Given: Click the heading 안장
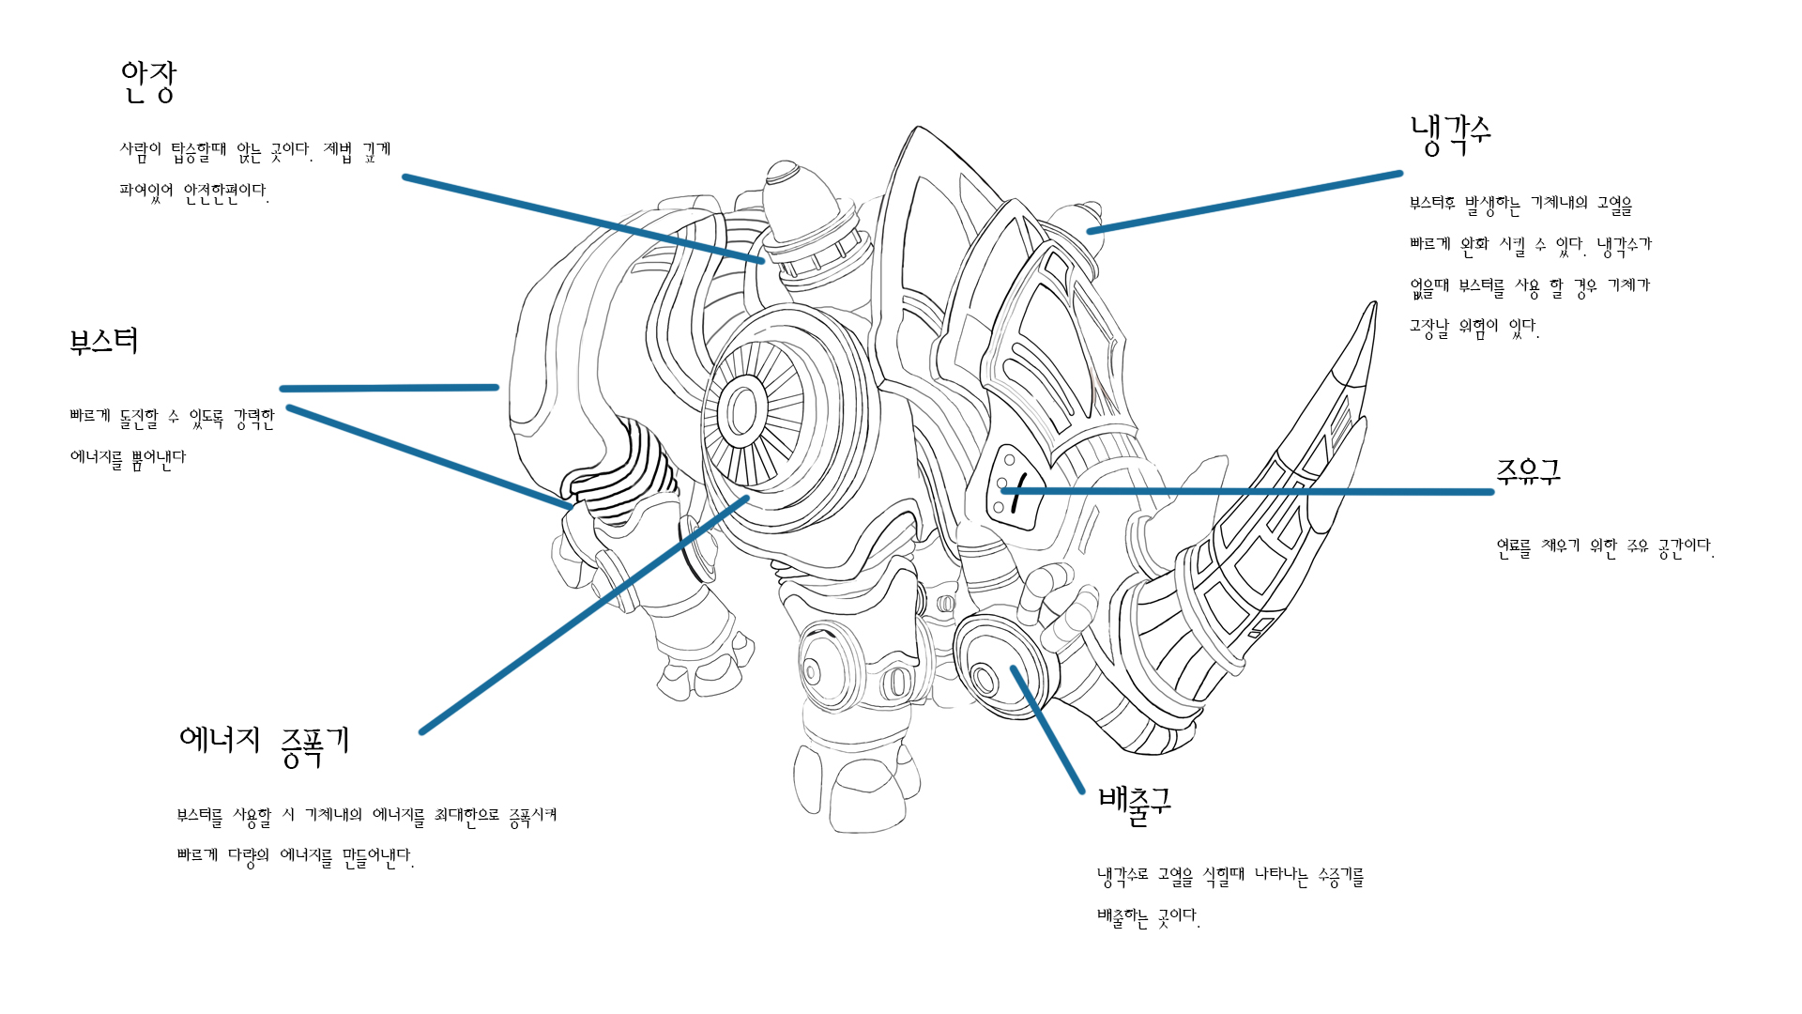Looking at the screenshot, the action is (148, 82).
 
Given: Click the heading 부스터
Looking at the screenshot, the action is (104, 340).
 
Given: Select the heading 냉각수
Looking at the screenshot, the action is (1450, 134).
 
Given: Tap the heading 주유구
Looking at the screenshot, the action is (1528, 470).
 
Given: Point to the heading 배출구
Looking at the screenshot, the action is (1135, 806).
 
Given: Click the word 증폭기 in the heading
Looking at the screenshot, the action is (315, 746).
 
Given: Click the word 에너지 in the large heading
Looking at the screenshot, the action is (220, 740).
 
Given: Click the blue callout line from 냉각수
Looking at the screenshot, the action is (1245, 202).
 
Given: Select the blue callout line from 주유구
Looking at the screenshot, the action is (1247, 491).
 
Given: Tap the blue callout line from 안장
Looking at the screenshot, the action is (584, 219).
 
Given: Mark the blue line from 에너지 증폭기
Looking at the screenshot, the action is (584, 615).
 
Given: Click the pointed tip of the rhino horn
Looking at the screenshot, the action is (1374, 303).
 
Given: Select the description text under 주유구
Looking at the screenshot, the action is (1605, 547).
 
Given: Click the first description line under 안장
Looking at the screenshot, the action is (255, 150).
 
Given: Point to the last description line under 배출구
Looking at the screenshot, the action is (1149, 917).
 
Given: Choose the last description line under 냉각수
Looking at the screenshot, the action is (1474, 328).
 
